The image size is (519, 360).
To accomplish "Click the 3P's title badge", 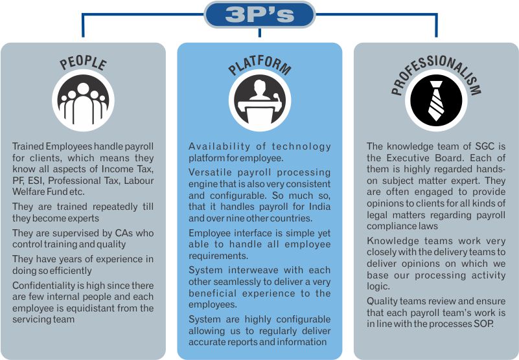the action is coord(259,15).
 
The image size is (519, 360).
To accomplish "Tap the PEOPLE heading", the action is coord(83,62).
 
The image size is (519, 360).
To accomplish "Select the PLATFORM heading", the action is coord(259,65).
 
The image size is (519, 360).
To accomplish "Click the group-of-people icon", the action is coord(83,100).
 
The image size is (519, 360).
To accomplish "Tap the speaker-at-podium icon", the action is coord(259,100).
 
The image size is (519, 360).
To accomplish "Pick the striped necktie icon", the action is coord(436,100).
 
